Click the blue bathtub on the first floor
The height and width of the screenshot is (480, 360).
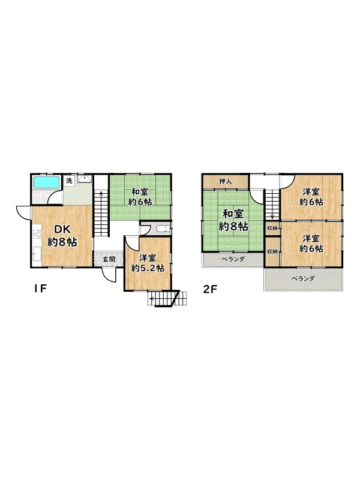tap(46, 182)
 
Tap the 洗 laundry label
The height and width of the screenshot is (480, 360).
tap(69, 181)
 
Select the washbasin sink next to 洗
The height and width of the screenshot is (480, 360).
tap(84, 179)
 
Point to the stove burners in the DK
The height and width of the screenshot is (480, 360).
tap(37, 234)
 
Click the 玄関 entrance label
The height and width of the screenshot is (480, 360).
tap(109, 259)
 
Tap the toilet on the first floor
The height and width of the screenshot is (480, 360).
tap(161, 229)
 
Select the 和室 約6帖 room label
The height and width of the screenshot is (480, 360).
tap(140, 197)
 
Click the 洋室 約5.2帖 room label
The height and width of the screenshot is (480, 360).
tap(148, 263)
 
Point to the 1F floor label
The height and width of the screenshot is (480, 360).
tap(40, 289)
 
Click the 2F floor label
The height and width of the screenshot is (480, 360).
tap(210, 289)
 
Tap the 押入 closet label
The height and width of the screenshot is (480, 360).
tap(226, 182)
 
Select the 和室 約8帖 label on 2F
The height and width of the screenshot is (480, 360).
tap(233, 220)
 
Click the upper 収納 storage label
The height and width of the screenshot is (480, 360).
tap(272, 228)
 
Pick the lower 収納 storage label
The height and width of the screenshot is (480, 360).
tap(272, 251)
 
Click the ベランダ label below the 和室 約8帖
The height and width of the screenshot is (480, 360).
tap(233, 259)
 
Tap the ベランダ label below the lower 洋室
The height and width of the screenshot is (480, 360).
tap(303, 278)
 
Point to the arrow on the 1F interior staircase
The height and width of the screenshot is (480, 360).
tap(101, 211)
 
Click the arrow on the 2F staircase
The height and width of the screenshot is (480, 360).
tap(272, 205)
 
